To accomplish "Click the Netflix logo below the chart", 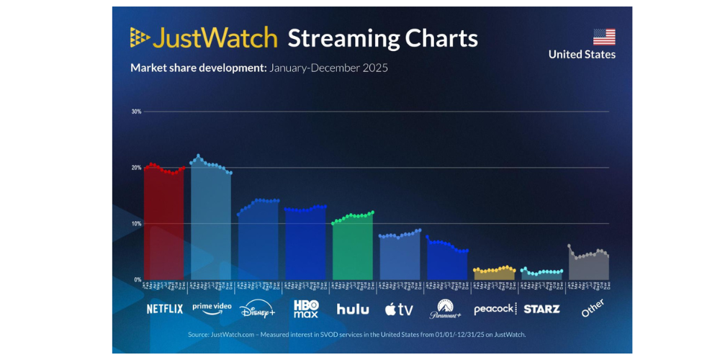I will tap(165, 309).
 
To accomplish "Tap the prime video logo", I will tap(212, 307).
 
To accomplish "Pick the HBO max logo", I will tap(306, 309).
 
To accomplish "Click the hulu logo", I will tap(353, 309).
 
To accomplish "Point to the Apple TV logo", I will tap(399, 310).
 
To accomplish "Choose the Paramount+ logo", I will tap(446, 309).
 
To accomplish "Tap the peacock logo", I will tap(495, 309).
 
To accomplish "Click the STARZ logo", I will tap(541, 309).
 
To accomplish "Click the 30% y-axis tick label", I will tap(136, 112).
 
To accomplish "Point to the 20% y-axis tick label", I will tap(136, 168).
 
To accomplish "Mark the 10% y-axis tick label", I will tap(136, 223).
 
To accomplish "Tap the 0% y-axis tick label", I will tap(137, 279).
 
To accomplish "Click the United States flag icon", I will tap(604, 37).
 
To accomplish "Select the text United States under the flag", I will tap(582, 55).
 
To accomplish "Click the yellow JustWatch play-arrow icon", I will tap(140, 37).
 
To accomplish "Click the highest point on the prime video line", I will tap(198, 156).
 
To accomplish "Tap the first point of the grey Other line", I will tap(570, 246).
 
